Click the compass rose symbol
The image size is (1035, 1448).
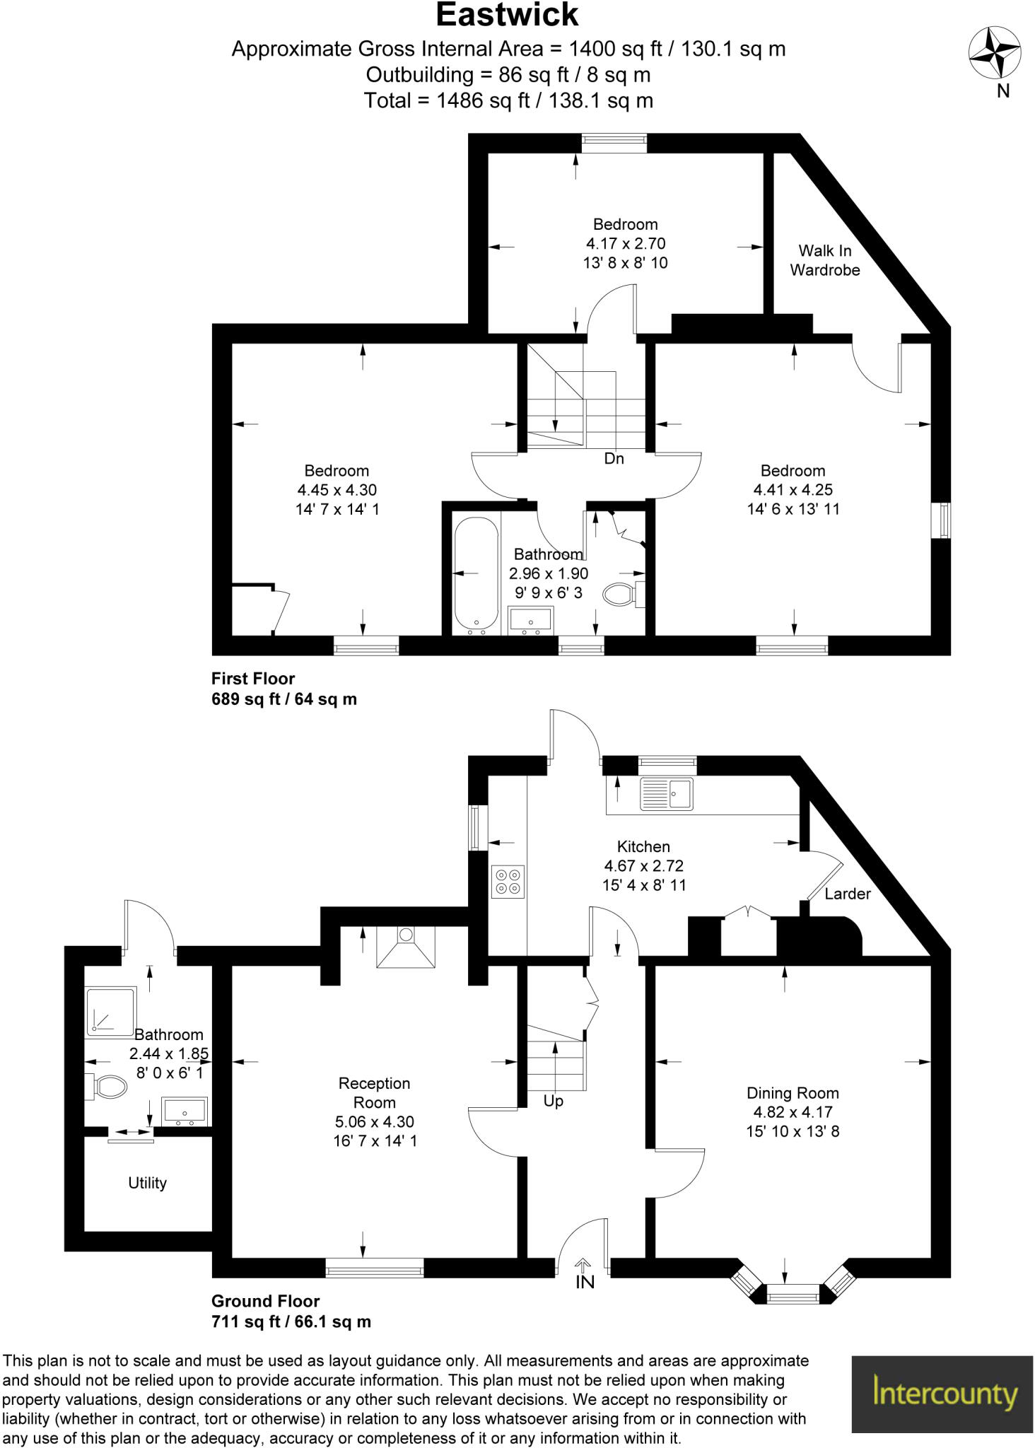pyautogui.click(x=994, y=54)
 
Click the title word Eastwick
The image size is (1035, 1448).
pyautogui.click(x=507, y=15)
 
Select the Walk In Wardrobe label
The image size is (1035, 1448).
pyautogui.click(x=825, y=260)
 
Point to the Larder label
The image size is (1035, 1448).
pyautogui.click(x=847, y=894)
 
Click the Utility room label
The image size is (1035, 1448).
pyautogui.click(x=147, y=1183)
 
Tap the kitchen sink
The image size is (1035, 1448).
pyautogui.click(x=666, y=793)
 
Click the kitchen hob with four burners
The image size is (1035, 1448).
pyautogui.click(x=508, y=882)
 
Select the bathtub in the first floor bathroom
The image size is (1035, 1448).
pyautogui.click(x=476, y=573)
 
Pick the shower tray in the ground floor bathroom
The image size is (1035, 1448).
pyautogui.click(x=110, y=1012)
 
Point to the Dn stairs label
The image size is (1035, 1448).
pyautogui.click(x=614, y=458)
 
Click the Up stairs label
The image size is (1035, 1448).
pyautogui.click(x=553, y=1101)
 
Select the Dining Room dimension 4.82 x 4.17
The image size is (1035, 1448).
pyautogui.click(x=793, y=1111)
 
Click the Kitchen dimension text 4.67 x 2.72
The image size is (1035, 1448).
pyautogui.click(x=643, y=865)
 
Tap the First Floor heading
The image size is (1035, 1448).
pyautogui.click(x=253, y=679)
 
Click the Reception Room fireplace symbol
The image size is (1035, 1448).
pyautogui.click(x=405, y=946)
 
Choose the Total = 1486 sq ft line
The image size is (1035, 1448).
pyautogui.click(x=508, y=100)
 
